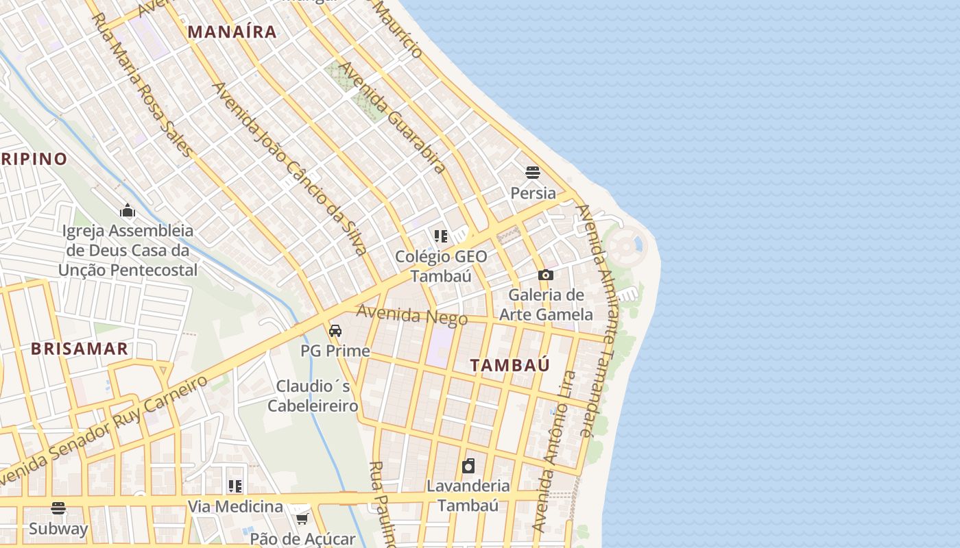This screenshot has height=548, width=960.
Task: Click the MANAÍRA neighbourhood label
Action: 232,32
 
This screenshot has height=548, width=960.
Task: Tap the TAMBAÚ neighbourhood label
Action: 510,365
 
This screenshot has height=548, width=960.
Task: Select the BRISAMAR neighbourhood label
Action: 80,349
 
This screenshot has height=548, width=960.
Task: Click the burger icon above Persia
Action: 533,172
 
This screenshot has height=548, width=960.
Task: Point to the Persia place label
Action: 533,192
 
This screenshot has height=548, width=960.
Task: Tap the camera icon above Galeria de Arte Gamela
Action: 546,275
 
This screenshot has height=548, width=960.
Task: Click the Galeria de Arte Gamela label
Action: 546,305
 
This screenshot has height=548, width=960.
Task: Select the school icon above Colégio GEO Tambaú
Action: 441,236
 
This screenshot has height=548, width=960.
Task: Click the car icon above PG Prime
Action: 335,331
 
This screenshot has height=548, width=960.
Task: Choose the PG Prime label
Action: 335,351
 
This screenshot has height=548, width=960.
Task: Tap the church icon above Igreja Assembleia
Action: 127,210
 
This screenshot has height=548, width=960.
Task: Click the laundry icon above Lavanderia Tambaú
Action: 468,466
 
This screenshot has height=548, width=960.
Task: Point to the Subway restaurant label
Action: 58,529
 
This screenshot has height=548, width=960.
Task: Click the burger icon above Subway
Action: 58,508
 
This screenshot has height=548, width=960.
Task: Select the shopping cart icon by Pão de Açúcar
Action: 302,519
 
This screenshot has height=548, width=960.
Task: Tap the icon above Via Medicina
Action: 235,486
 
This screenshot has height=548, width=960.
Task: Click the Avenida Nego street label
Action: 411,316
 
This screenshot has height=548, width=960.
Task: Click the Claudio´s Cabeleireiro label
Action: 313,396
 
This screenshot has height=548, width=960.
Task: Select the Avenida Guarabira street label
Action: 392,117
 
